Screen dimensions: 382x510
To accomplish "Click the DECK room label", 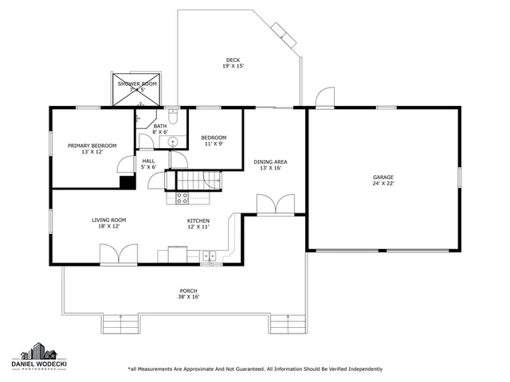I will coord(233,60).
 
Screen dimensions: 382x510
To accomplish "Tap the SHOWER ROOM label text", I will coord(137,84).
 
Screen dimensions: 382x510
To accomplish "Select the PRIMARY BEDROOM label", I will coord(92,146).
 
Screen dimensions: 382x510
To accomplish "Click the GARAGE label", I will coord(383,177).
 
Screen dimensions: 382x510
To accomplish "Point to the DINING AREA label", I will coord(270,162).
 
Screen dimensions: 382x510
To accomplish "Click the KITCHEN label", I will coord(198,220).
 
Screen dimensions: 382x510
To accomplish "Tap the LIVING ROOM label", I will coord(108,220).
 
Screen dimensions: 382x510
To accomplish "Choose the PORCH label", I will coord(189,291).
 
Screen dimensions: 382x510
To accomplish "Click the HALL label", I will coord(148,161).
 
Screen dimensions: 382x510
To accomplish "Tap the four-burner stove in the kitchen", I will coord(181,197).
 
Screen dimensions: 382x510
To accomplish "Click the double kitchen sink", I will coord(209,255).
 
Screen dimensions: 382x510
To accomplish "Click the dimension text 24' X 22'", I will coord(383,184).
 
